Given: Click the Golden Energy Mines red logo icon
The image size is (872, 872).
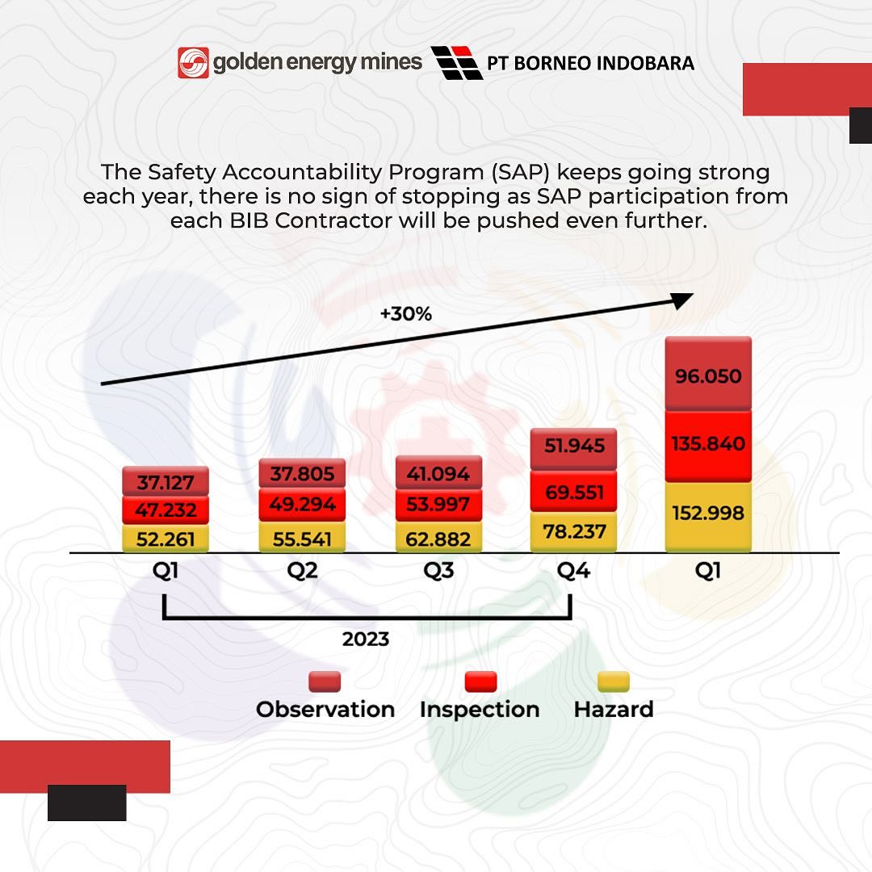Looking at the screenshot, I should (193, 63).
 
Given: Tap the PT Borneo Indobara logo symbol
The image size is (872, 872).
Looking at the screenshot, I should (457, 63).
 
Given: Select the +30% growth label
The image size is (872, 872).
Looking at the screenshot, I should (406, 314).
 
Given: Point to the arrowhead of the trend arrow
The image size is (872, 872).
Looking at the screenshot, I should (683, 300).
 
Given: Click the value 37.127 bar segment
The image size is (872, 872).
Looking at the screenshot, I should (166, 482).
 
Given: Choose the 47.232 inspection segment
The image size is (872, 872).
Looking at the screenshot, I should (166, 510).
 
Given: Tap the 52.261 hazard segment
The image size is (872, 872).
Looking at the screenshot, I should (166, 539).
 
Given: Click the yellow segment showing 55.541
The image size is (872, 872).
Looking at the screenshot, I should (302, 537).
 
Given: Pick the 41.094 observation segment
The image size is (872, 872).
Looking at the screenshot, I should (438, 473).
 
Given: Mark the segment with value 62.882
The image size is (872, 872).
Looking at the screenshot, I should (438, 537).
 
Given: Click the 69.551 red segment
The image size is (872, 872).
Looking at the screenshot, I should (574, 492).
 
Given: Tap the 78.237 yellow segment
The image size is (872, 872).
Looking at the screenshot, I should (574, 532).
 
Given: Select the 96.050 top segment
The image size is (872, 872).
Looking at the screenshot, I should (708, 376).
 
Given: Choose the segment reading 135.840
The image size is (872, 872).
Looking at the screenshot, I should (708, 445).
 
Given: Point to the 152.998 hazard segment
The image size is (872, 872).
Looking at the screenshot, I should (708, 514).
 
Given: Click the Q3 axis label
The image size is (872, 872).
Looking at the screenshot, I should (438, 572).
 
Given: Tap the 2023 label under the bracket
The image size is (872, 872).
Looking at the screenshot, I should (366, 639).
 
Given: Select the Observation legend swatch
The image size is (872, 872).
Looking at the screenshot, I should (325, 682).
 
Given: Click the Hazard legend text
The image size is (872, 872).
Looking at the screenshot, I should (613, 710).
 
